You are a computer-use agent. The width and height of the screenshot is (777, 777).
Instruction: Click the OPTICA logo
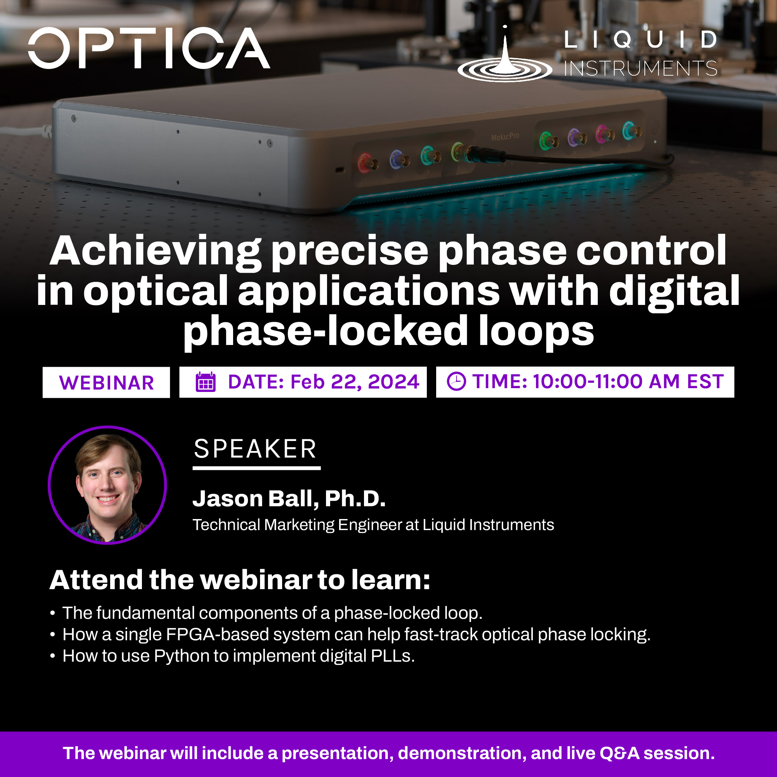[x=149, y=48]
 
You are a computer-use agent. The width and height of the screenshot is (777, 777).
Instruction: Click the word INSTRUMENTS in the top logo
[x=641, y=68]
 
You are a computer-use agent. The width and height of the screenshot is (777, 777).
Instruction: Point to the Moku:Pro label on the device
[x=505, y=137]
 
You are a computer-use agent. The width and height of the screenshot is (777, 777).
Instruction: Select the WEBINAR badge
[x=106, y=383]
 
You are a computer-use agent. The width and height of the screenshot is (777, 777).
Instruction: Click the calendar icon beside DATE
[x=205, y=382]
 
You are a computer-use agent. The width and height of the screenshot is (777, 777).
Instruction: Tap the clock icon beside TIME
[x=457, y=381]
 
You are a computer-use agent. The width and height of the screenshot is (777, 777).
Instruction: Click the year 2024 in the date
[x=394, y=382]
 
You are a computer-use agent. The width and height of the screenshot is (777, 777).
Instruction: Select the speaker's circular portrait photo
[x=107, y=485]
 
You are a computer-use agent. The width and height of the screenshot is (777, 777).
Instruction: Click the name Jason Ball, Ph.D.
[x=289, y=499]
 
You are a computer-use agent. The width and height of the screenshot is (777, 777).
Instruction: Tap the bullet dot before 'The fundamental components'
[x=52, y=614]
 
